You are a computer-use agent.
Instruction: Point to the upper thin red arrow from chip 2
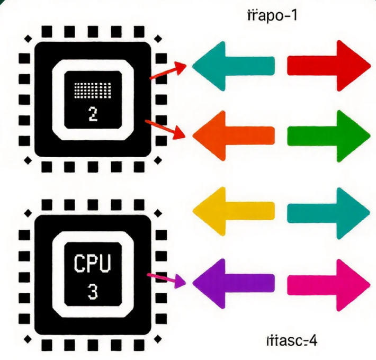[x=168, y=72]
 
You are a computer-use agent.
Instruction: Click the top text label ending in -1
[x=272, y=15]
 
